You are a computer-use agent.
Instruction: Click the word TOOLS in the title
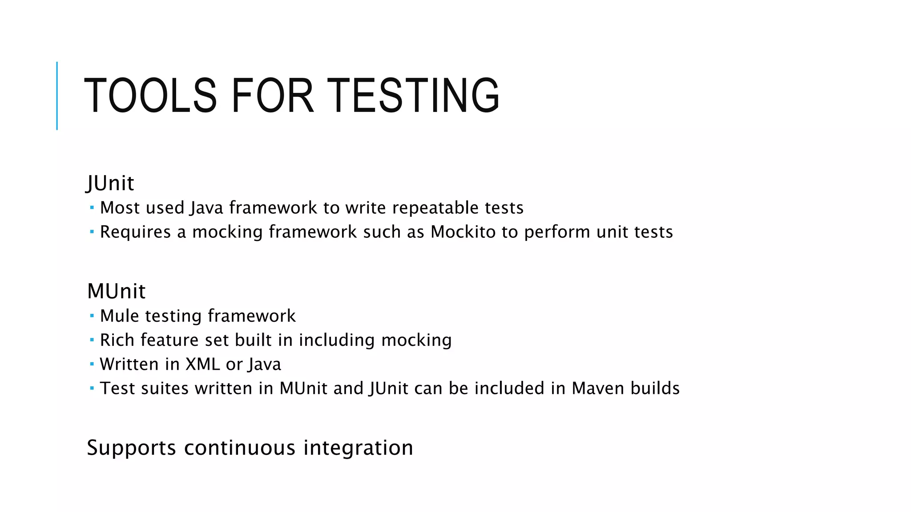click(x=150, y=95)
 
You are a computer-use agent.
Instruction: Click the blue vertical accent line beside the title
click(x=57, y=96)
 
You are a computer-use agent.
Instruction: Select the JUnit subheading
click(x=110, y=183)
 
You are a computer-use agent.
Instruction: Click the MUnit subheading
click(x=116, y=291)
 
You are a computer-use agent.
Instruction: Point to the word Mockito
click(x=463, y=232)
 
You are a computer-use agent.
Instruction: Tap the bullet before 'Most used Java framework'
click(x=92, y=208)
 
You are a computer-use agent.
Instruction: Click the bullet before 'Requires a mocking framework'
click(x=92, y=232)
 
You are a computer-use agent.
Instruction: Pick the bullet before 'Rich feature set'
click(x=92, y=340)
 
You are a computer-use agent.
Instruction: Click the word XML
click(x=202, y=364)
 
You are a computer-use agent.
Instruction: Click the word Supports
click(x=131, y=448)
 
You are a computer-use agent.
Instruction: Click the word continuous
click(x=240, y=448)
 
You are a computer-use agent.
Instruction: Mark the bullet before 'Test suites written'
click(x=92, y=388)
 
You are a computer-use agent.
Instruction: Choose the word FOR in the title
click(x=272, y=95)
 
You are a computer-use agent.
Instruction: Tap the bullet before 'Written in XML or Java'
click(x=92, y=364)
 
